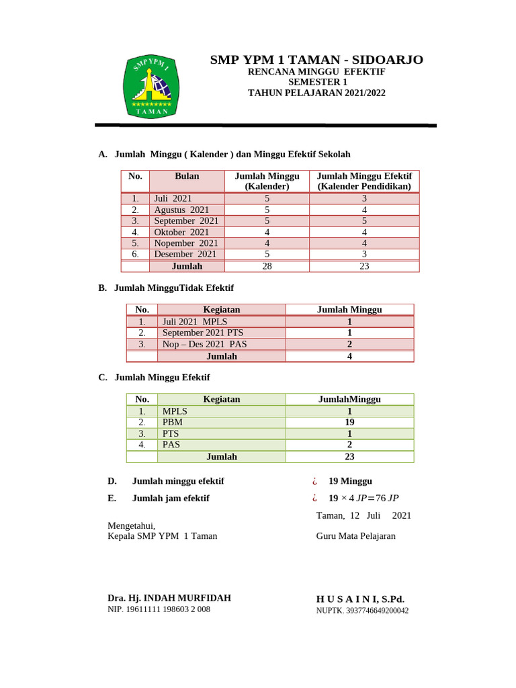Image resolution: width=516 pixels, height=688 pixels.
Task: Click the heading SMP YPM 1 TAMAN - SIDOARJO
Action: (x=316, y=60)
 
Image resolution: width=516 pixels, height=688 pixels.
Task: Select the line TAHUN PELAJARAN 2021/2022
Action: (x=316, y=93)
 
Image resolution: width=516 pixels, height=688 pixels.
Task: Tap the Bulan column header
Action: (x=187, y=176)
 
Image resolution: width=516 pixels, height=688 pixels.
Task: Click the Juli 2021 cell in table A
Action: (x=173, y=198)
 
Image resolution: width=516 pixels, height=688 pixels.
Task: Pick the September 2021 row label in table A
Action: (x=186, y=220)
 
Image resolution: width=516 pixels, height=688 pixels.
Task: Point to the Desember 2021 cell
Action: (x=185, y=254)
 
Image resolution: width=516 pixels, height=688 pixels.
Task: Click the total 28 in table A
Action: (x=267, y=266)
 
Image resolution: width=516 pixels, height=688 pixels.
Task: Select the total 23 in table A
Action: (x=363, y=266)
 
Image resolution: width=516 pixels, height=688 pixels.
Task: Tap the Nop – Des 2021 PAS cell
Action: (x=204, y=344)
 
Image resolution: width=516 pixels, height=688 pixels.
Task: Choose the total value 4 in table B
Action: (x=349, y=356)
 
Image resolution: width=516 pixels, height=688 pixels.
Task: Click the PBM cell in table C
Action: (x=173, y=422)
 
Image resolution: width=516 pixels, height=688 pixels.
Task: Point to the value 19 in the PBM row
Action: (x=349, y=422)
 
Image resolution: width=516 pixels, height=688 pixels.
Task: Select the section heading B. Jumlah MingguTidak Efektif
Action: (x=166, y=288)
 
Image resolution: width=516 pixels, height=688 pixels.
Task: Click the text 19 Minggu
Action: (x=350, y=481)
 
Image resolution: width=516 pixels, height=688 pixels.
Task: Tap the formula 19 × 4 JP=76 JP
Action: (x=363, y=498)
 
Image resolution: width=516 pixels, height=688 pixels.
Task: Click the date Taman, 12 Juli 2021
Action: (x=363, y=515)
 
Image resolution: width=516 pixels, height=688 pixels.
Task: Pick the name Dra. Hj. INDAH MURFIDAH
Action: (x=169, y=597)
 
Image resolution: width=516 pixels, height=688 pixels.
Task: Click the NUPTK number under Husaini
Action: (x=362, y=611)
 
